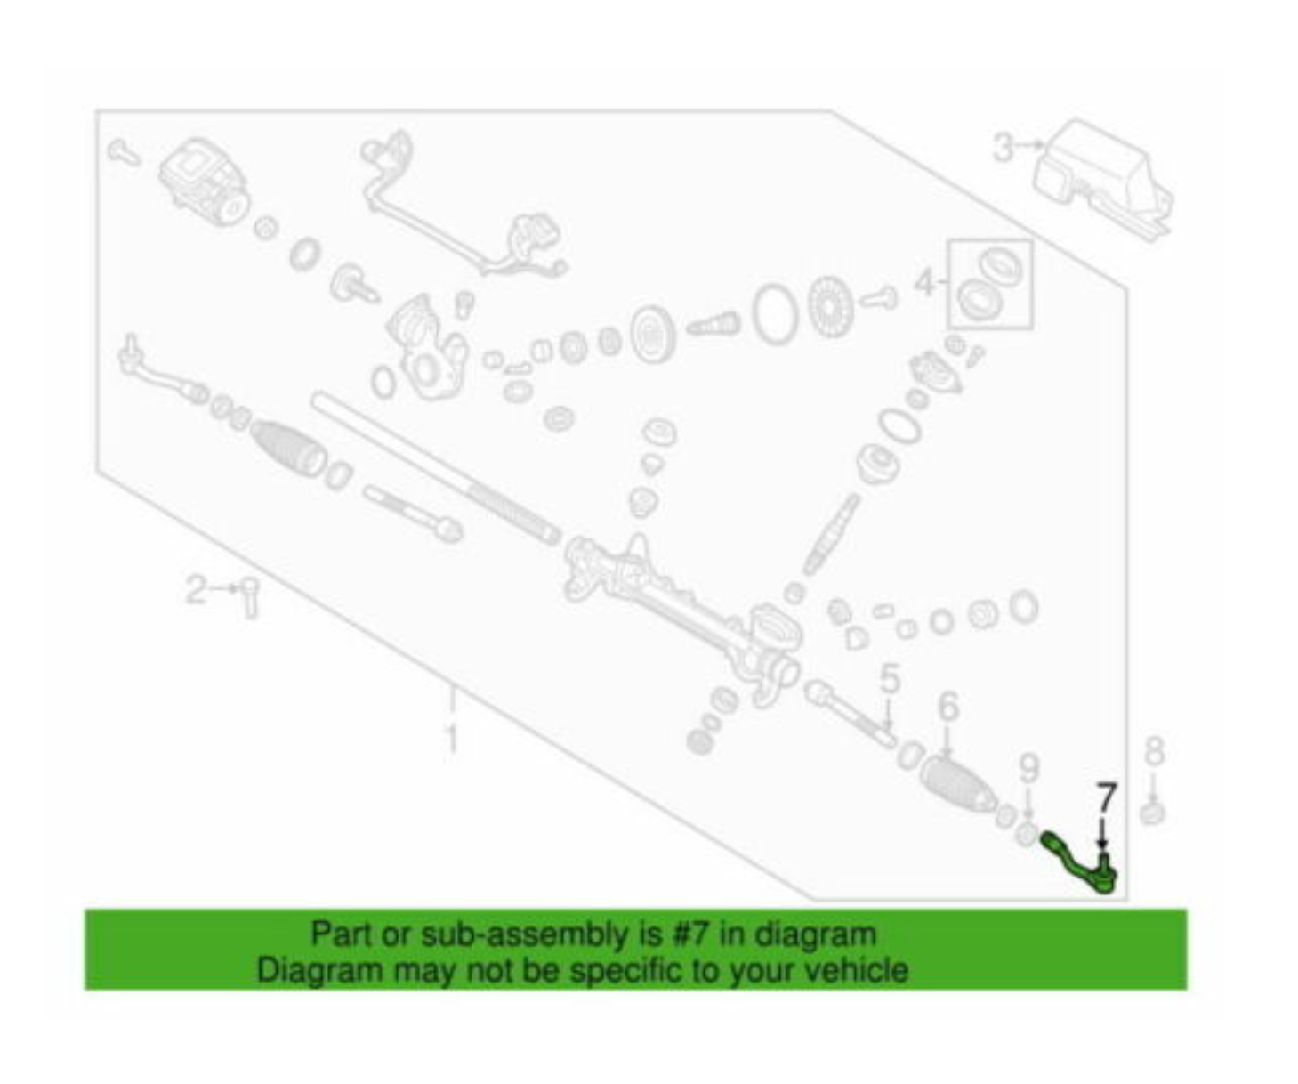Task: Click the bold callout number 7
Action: (x=1105, y=797)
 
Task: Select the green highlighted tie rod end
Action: (x=1080, y=861)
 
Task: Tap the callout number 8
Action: (x=1153, y=751)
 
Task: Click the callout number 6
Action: (x=948, y=707)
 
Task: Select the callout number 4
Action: (x=925, y=283)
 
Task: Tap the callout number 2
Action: (x=195, y=588)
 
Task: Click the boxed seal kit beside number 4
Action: (x=989, y=283)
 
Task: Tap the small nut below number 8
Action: (x=1153, y=812)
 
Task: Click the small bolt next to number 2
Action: (x=250, y=596)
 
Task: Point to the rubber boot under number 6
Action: (x=957, y=783)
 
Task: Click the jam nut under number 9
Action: (x=1025, y=834)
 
